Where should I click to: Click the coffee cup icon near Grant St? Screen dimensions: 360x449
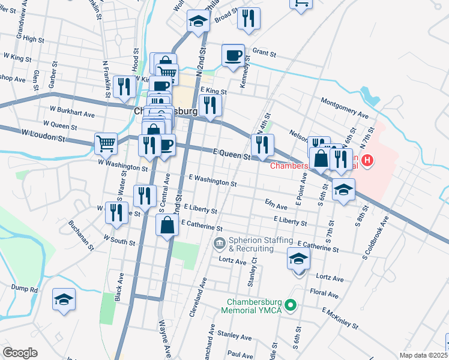click(234, 56)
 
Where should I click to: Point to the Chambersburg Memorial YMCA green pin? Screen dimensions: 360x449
click(291, 306)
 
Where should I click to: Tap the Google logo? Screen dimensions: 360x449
click(20, 353)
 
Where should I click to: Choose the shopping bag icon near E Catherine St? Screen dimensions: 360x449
click(167, 226)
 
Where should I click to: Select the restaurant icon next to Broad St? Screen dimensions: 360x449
click(249, 19)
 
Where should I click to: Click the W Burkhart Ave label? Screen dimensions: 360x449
click(73, 112)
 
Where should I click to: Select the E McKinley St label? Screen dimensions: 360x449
click(340, 319)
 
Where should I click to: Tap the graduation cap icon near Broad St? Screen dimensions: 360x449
click(197, 22)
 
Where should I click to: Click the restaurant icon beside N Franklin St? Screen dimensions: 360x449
click(124, 87)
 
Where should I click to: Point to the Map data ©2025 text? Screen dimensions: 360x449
click(423, 355)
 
